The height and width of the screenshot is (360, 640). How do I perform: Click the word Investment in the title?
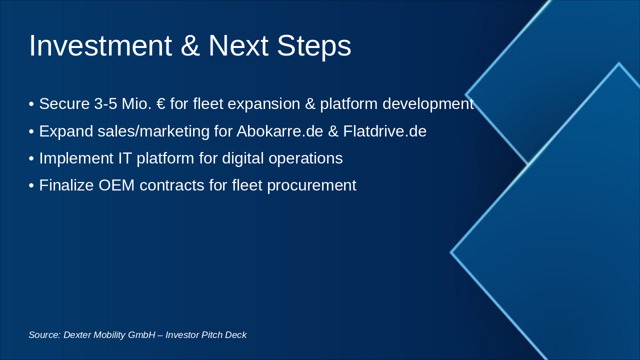(100, 45)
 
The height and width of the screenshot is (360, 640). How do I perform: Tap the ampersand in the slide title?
(190, 45)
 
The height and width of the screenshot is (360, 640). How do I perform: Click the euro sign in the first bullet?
(161, 103)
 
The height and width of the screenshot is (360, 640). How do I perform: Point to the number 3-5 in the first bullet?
(105, 103)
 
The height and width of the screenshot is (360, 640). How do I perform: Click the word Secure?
(64, 103)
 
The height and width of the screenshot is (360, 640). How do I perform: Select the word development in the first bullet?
(428, 103)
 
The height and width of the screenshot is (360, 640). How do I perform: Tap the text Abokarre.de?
(279, 131)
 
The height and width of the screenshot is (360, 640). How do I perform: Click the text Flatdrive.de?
(384, 131)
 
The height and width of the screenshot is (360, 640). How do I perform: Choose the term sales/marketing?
(153, 131)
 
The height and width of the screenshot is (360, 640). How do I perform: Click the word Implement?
(76, 158)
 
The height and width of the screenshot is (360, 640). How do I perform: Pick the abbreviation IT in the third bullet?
(125, 158)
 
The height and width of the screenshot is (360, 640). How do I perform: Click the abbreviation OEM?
(116, 185)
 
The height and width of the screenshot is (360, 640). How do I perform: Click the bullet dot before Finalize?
(31, 185)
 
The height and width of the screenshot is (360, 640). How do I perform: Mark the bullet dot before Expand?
(31, 131)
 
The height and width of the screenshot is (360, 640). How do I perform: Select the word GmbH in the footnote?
(141, 335)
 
